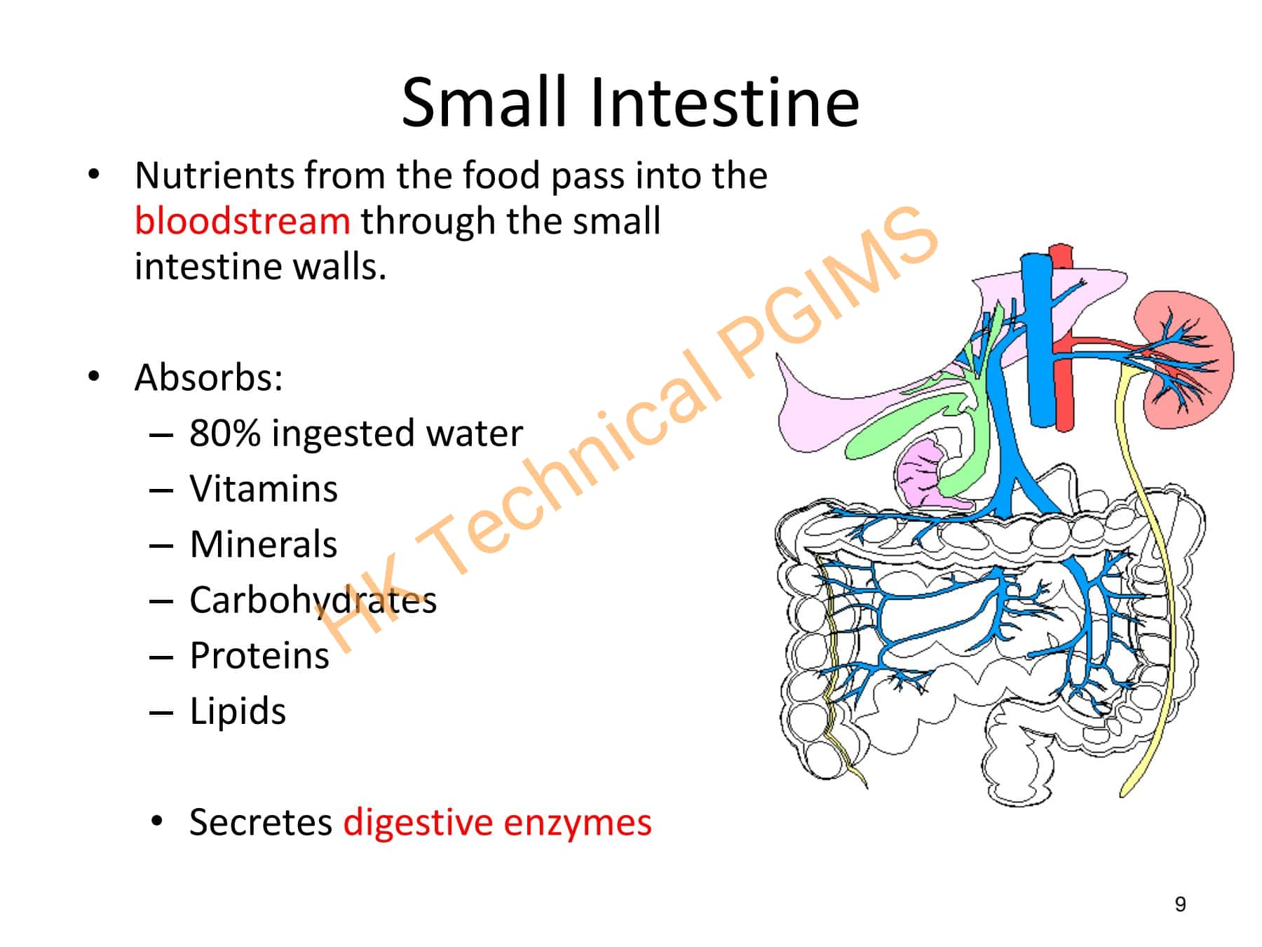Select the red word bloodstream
[242, 221]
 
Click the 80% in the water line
[224, 433]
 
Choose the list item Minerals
[264, 544]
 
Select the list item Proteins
[259, 656]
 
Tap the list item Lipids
[238, 711]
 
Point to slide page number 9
[1181, 904]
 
